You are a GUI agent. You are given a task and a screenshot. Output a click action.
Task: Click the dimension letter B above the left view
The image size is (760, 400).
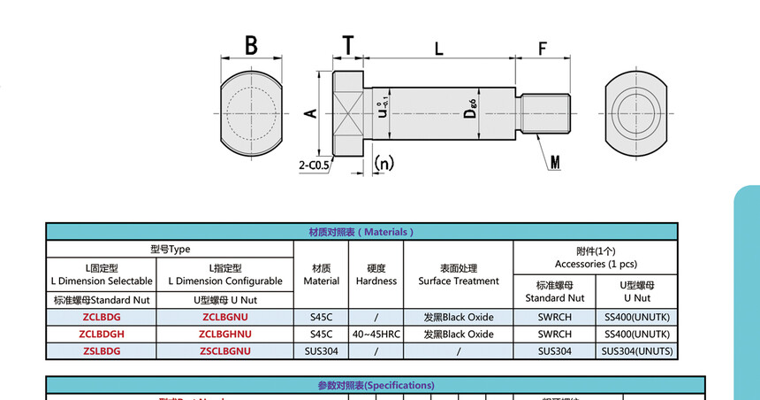click(251, 45)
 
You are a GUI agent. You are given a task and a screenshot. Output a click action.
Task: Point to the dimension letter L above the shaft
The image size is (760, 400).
click(437, 49)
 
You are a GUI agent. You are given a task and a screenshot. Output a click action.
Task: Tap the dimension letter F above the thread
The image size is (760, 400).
click(542, 49)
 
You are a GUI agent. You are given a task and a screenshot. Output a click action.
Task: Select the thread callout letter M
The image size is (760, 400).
click(555, 162)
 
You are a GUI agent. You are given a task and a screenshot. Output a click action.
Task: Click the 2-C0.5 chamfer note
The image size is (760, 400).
click(314, 165)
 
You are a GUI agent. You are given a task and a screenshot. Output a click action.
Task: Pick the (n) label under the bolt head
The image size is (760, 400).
click(384, 163)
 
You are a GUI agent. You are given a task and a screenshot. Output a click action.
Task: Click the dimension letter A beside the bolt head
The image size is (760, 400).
click(309, 113)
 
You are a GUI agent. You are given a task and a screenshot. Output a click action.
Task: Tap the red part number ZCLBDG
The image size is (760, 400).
click(100, 317)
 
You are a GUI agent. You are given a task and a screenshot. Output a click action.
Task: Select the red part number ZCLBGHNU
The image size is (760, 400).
click(226, 335)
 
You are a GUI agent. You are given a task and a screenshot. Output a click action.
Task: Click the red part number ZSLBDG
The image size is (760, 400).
click(100, 351)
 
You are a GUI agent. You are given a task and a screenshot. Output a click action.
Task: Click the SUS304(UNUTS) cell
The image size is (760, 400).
click(637, 351)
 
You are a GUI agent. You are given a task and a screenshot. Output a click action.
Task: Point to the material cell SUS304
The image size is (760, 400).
click(321, 351)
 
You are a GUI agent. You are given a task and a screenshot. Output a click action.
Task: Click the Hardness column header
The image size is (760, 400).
click(376, 274)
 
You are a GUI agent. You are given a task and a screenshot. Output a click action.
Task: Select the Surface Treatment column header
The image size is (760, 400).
click(458, 274)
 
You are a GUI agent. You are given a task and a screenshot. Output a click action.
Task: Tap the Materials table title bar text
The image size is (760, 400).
click(361, 232)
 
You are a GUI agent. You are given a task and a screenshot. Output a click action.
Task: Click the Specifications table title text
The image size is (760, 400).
click(376, 386)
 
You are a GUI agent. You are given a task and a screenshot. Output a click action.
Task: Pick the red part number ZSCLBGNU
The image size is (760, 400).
click(226, 351)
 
